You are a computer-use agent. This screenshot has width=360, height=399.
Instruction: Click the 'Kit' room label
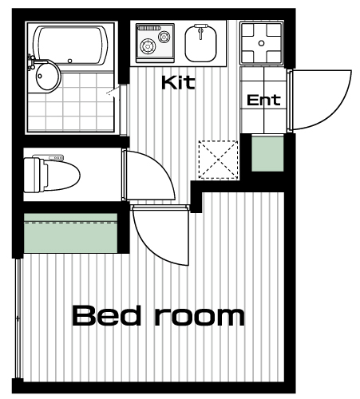coord(178,82)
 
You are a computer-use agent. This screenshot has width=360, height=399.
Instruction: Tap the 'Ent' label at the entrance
coord(263,100)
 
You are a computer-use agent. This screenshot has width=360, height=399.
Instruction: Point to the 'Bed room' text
coord(158,316)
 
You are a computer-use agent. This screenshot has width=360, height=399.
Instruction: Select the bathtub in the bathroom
coord(71,45)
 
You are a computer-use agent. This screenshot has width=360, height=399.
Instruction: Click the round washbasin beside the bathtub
coord(46,77)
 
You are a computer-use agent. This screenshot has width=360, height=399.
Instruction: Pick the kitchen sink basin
coord(200,44)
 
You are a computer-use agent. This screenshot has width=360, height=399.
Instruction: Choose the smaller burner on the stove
coord(164,37)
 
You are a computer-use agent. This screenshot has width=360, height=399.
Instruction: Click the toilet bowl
coord(60,176)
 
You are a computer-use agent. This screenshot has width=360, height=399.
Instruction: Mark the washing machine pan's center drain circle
coord(262,43)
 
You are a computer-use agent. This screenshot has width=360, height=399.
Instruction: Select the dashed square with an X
coord(218,160)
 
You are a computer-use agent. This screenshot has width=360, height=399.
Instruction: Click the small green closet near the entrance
coord(267,153)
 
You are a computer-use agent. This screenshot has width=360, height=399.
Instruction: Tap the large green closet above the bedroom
coord(70,233)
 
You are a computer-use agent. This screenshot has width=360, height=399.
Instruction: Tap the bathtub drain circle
coord(70,61)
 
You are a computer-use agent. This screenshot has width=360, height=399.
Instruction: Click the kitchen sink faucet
coord(201,30)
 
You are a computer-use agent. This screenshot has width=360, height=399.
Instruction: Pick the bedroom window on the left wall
coord(18,318)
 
